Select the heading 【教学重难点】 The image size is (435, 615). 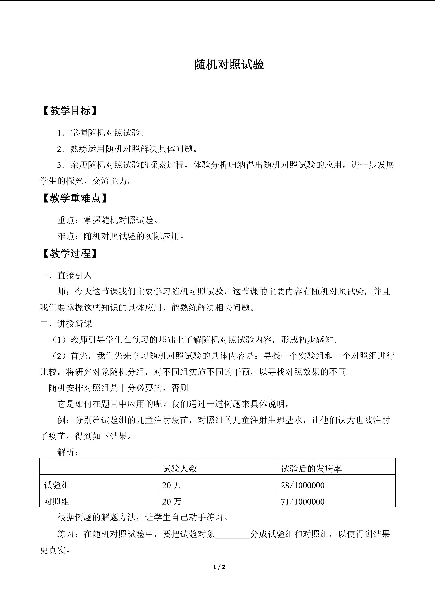(x=75, y=198)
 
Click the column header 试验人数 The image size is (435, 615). (x=180, y=469)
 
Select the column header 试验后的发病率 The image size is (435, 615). (x=311, y=469)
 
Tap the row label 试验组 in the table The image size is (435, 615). (x=57, y=485)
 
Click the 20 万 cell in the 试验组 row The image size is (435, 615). (x=172, y=485)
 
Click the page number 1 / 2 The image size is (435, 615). (x=219, y=567)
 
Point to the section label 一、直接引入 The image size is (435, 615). (x=66, y=275)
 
